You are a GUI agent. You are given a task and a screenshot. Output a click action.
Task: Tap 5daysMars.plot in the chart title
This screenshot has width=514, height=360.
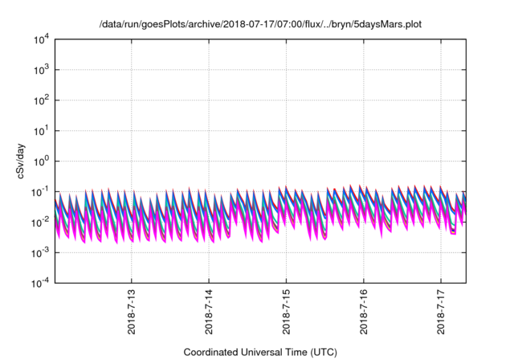pos(386,24)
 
